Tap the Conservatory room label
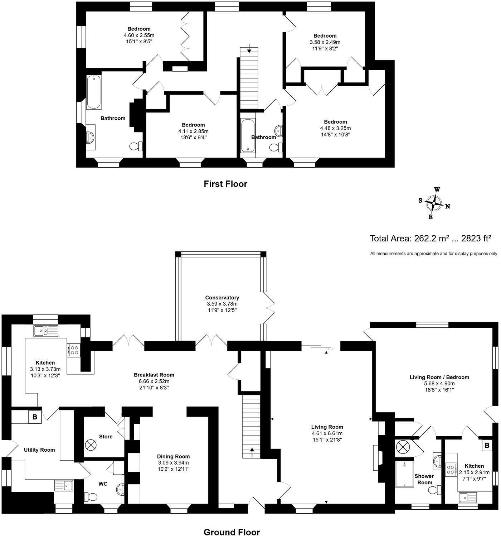(222, 298)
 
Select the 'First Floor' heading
(225, 184)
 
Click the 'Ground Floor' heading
(232, 532)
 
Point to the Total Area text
(430, 238)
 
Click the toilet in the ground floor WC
(90, 496)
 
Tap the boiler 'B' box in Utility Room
(35, 417)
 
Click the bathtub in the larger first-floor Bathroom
(94, 92)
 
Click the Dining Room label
(173, 456)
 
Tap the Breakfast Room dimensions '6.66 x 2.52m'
(154, 381)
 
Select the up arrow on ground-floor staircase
(253, 452)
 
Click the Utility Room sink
(64, 486)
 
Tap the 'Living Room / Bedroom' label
(439, 377)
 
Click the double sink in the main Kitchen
(46, 331)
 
